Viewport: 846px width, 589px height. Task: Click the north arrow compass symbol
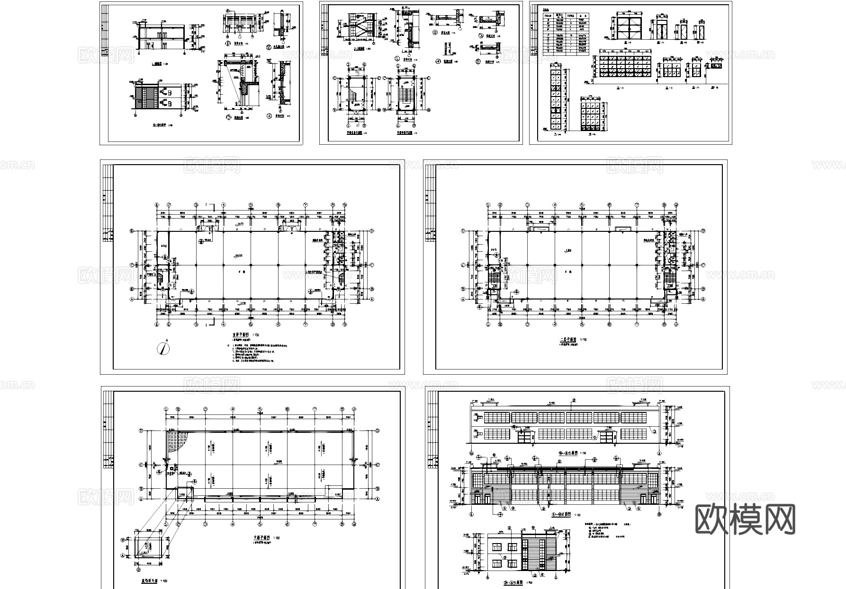pos(164,349)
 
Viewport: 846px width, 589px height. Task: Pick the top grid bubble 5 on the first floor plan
pos(251,205)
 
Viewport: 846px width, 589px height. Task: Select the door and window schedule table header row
pos(566,16)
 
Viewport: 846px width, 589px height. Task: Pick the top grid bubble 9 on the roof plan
pos(355,410)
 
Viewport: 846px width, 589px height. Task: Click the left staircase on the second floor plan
pos(494,279)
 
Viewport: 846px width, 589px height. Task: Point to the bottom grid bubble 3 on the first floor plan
pos(196,325)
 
